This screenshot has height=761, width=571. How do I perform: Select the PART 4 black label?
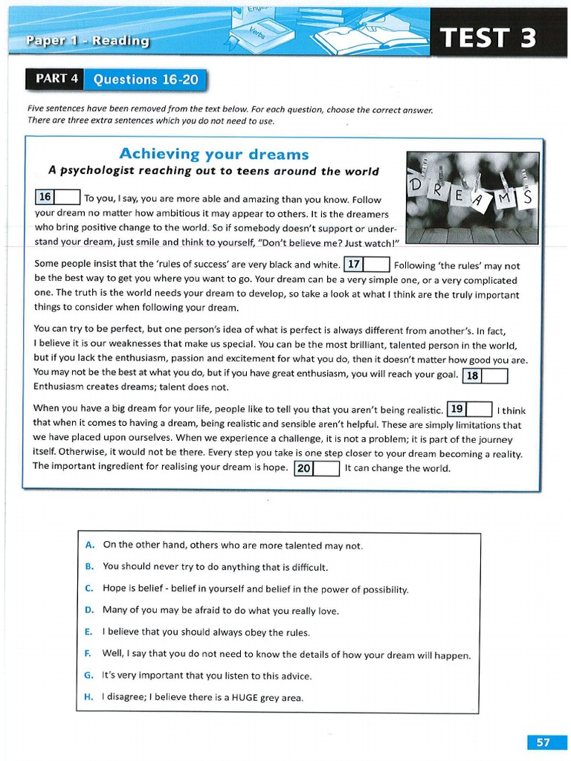pos(57,79)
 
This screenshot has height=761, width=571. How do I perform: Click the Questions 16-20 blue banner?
pos(146,80)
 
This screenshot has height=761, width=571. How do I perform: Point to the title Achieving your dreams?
pos(214,154)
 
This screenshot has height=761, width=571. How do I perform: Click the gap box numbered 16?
pos(57,198)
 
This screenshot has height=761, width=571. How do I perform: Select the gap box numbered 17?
pos(367,265)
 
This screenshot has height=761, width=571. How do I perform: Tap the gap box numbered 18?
pos(485,375)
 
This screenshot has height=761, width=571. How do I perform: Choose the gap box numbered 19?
pos(470,409)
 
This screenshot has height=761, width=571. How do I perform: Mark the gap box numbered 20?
pos(317,468)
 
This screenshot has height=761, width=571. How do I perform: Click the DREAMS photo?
pos(473,198)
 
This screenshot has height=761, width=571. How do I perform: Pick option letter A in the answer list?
pos(89,545)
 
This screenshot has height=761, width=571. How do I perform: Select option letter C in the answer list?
pos(89,589)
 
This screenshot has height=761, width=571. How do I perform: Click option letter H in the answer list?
pos(89,697)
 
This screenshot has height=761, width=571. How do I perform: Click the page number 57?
pos(543,742)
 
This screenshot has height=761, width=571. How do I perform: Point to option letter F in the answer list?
pos(88,654)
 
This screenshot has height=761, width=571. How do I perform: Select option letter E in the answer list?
pos(88,632)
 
